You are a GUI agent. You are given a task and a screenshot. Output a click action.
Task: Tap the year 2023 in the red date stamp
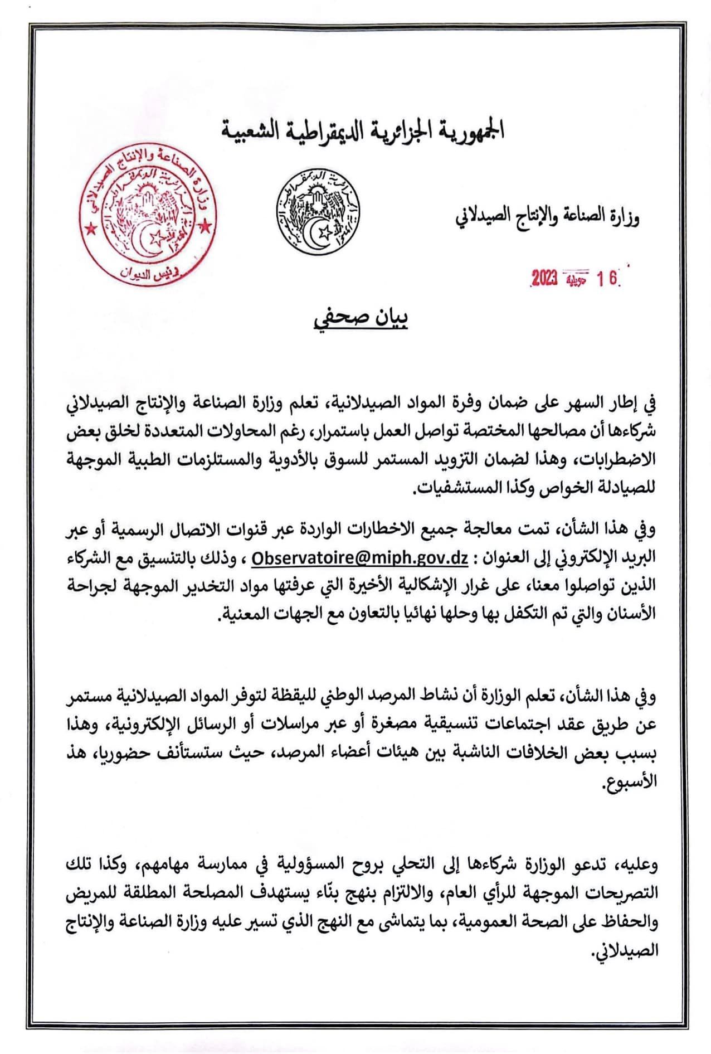tap(544, 279)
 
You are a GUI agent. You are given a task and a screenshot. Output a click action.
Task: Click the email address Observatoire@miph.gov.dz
tap(360, 557)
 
